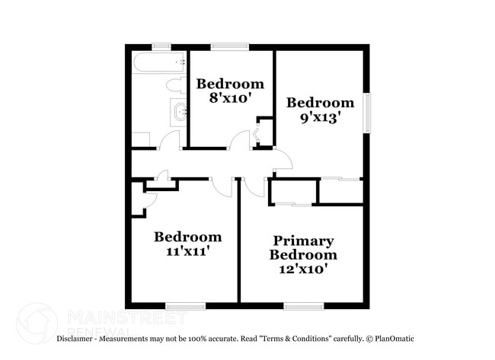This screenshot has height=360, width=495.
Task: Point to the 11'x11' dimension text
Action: (187, 251)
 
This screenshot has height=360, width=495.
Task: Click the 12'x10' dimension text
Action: (303, 269)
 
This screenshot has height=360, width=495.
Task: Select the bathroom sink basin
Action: (180, 113)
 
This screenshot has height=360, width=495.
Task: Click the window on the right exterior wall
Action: (366, 111)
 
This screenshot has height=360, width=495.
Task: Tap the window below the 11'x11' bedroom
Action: (186, 306)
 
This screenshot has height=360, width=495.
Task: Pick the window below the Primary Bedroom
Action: (304, 306)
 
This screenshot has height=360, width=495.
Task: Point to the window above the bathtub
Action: (161, 47)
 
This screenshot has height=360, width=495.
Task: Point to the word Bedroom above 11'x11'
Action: (187, 237)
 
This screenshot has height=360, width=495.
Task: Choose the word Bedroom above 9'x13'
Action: (320, 103)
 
